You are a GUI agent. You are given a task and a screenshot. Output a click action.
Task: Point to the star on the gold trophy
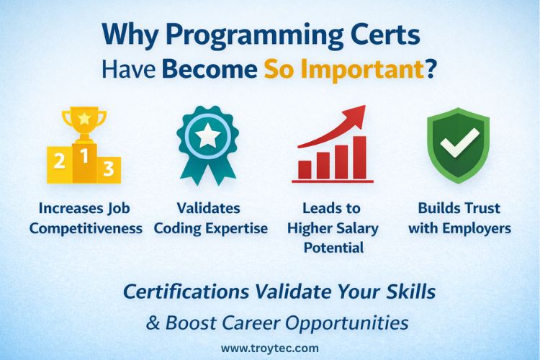[x=84, y=117]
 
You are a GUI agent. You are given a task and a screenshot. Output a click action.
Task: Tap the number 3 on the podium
[x=108, y=168]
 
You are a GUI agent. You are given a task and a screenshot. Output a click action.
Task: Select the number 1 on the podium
[x=84, y=155]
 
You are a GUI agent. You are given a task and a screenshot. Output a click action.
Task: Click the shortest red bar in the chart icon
[x=305, y=170]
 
